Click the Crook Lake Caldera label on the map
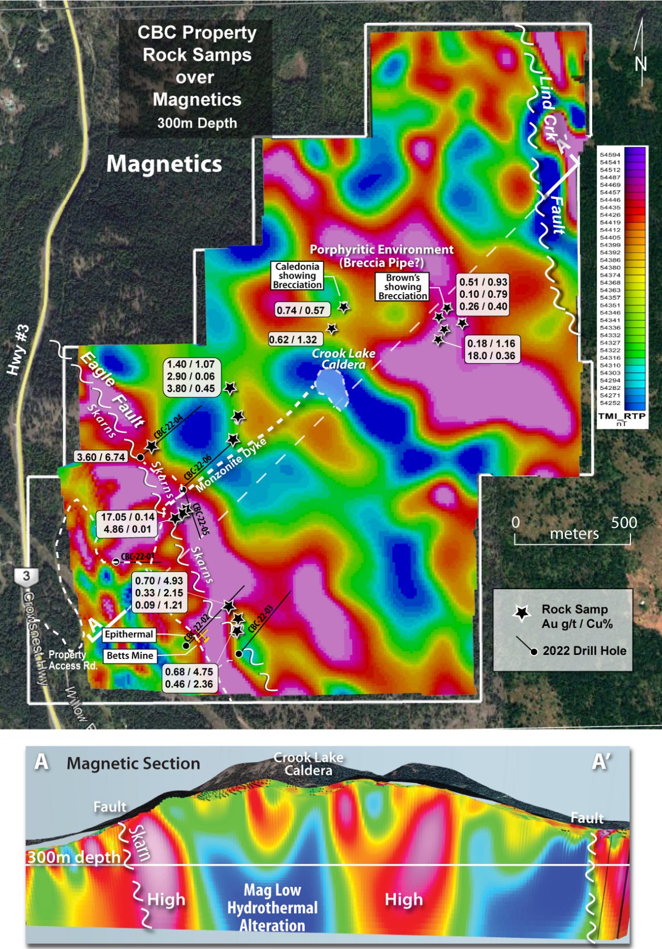(x=343, y=359)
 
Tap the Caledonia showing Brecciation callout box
(x=297, y=275)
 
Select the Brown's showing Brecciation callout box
(x=402, y=287)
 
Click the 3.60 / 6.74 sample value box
(x=101, y=457)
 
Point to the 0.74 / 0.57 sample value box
(x=300, y=310)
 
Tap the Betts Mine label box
(x=130, y=656)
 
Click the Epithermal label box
(x=129, y=634)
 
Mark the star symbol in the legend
(x=522, y=613)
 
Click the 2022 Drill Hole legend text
(x=584, y=651)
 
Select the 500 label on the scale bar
(x=624, y=523)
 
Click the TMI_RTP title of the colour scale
(x=622, y=416)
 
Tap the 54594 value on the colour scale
(x=610, y=155)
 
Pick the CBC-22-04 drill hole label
(x=168, y=427)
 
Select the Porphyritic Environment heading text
(x=382, y=250)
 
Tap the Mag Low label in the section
(x=273, y=890)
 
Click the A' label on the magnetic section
(x=601, y=761)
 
